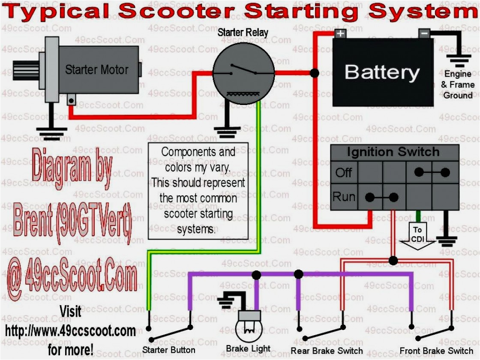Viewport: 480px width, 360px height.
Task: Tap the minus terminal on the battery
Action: point(424,33)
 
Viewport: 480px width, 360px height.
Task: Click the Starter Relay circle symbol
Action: point(243,74)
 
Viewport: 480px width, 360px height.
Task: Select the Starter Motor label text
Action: point(96,69)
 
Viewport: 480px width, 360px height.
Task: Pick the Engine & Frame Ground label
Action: point(458,85)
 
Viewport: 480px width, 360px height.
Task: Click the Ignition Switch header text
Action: point(393,152)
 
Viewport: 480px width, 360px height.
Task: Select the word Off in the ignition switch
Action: point(344,173)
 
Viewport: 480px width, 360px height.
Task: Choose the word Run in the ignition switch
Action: point(344,197)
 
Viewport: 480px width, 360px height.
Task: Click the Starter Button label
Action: point(169,350)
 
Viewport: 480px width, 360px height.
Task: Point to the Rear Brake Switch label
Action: point(327,351)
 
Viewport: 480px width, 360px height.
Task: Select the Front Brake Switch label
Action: point(436,351)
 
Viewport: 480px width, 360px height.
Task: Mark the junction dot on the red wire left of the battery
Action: point(314,73)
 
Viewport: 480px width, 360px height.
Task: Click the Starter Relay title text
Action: point(243,33)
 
